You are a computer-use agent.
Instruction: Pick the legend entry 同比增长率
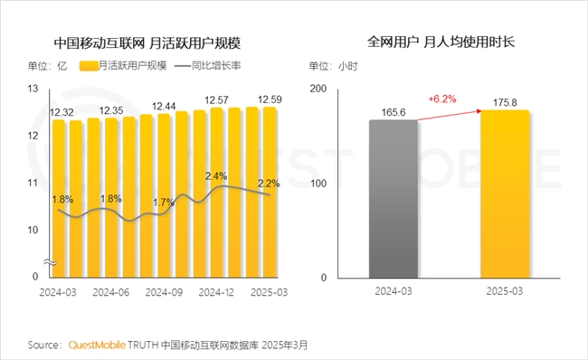click(216, 65)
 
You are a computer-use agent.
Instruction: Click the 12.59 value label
click(271, 99)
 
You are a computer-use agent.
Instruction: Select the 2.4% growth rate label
click(216, 175)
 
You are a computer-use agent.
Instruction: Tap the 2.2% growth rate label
click(269, 184)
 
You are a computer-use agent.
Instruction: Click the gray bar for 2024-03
click(394, 198)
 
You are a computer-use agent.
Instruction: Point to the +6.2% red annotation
click(441, 97)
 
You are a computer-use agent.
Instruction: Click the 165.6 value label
click(394, 111)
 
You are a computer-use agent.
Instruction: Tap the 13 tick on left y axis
click(33, 89)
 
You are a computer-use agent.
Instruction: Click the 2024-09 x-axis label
click(164, 292)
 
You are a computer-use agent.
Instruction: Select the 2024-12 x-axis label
click(216, 292)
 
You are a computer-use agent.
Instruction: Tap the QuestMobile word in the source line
click(97, 345)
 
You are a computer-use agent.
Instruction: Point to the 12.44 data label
click(165, 107)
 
